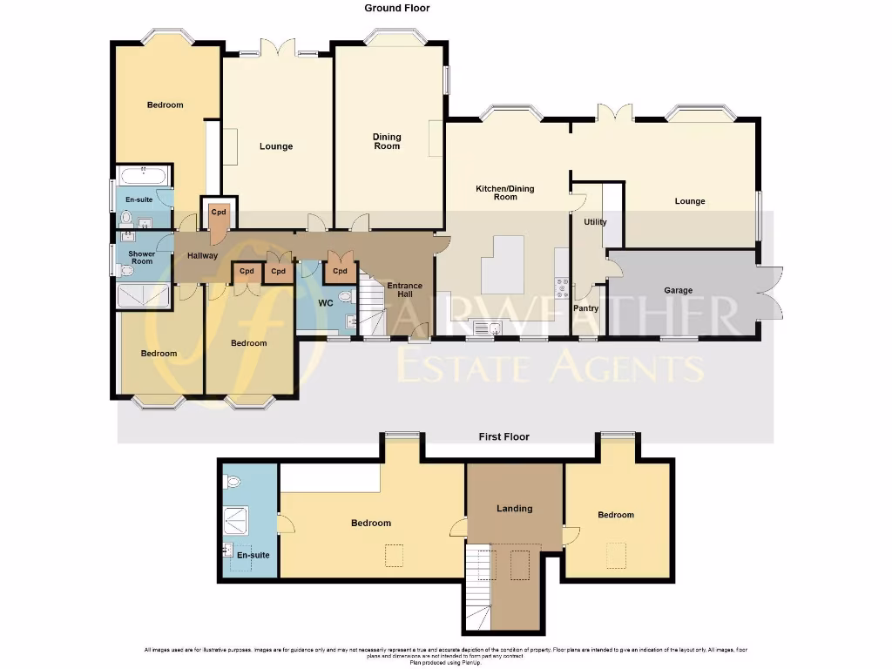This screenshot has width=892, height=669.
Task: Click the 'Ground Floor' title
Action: [x=396, y=8]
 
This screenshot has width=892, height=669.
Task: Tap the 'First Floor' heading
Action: [x=503, y=436]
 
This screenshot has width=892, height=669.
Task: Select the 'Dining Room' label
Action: [x=387, y=141]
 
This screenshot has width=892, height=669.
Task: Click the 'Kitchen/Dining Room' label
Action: [x=505, y=193]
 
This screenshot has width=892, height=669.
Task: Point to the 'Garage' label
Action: [x=679, y=290]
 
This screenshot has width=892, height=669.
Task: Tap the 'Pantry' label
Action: [x=586, y=308]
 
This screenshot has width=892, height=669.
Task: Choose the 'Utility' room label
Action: [x=595, y=222]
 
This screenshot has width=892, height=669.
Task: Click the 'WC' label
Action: [x=326, y=303]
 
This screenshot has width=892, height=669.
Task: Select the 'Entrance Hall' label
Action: [x=404, y=290]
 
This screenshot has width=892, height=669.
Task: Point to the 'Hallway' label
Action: [x=203, y=255]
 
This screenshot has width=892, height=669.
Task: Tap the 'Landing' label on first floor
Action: [x=514, y=508]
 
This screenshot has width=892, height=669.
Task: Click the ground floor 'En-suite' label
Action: [x=138, y=199]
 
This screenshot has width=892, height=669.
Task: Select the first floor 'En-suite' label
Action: [x=253, y=555]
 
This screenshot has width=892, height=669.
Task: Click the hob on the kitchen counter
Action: [x=563, y=287]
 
